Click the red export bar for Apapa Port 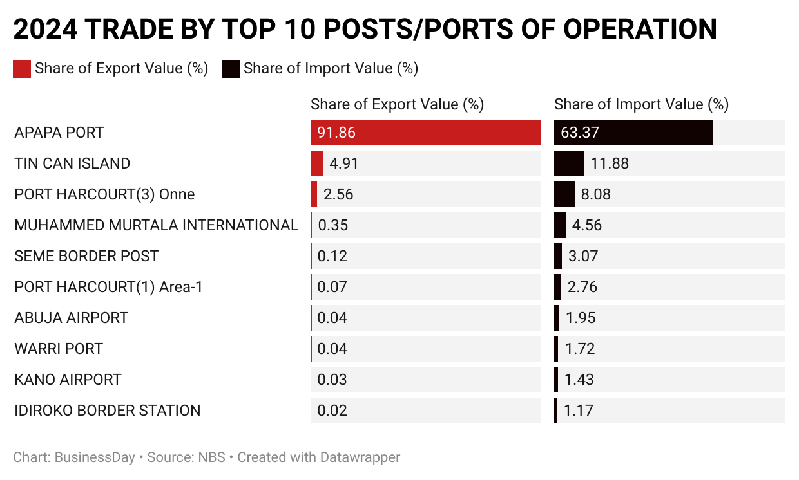click(425, 133)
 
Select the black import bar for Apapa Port click(633, 133)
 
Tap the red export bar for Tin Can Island click(316, 163)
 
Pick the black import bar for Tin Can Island click(568, 163)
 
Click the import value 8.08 click(595, 194)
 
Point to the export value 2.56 click(338, 194)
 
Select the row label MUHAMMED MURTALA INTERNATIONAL click(156, 225)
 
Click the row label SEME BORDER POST click(86, 256)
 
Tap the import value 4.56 click(586, 225)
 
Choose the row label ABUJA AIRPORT click(71, 318)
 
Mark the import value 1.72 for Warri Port click(579, 349)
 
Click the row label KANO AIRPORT click(68, 380)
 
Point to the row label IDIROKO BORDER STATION click(107, 411)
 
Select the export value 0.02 click(332, 411)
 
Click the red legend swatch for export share click(22, 69)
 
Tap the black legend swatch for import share click(231, 69)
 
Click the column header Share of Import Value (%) click(641, 104)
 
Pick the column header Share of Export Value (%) click(397, 104)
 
